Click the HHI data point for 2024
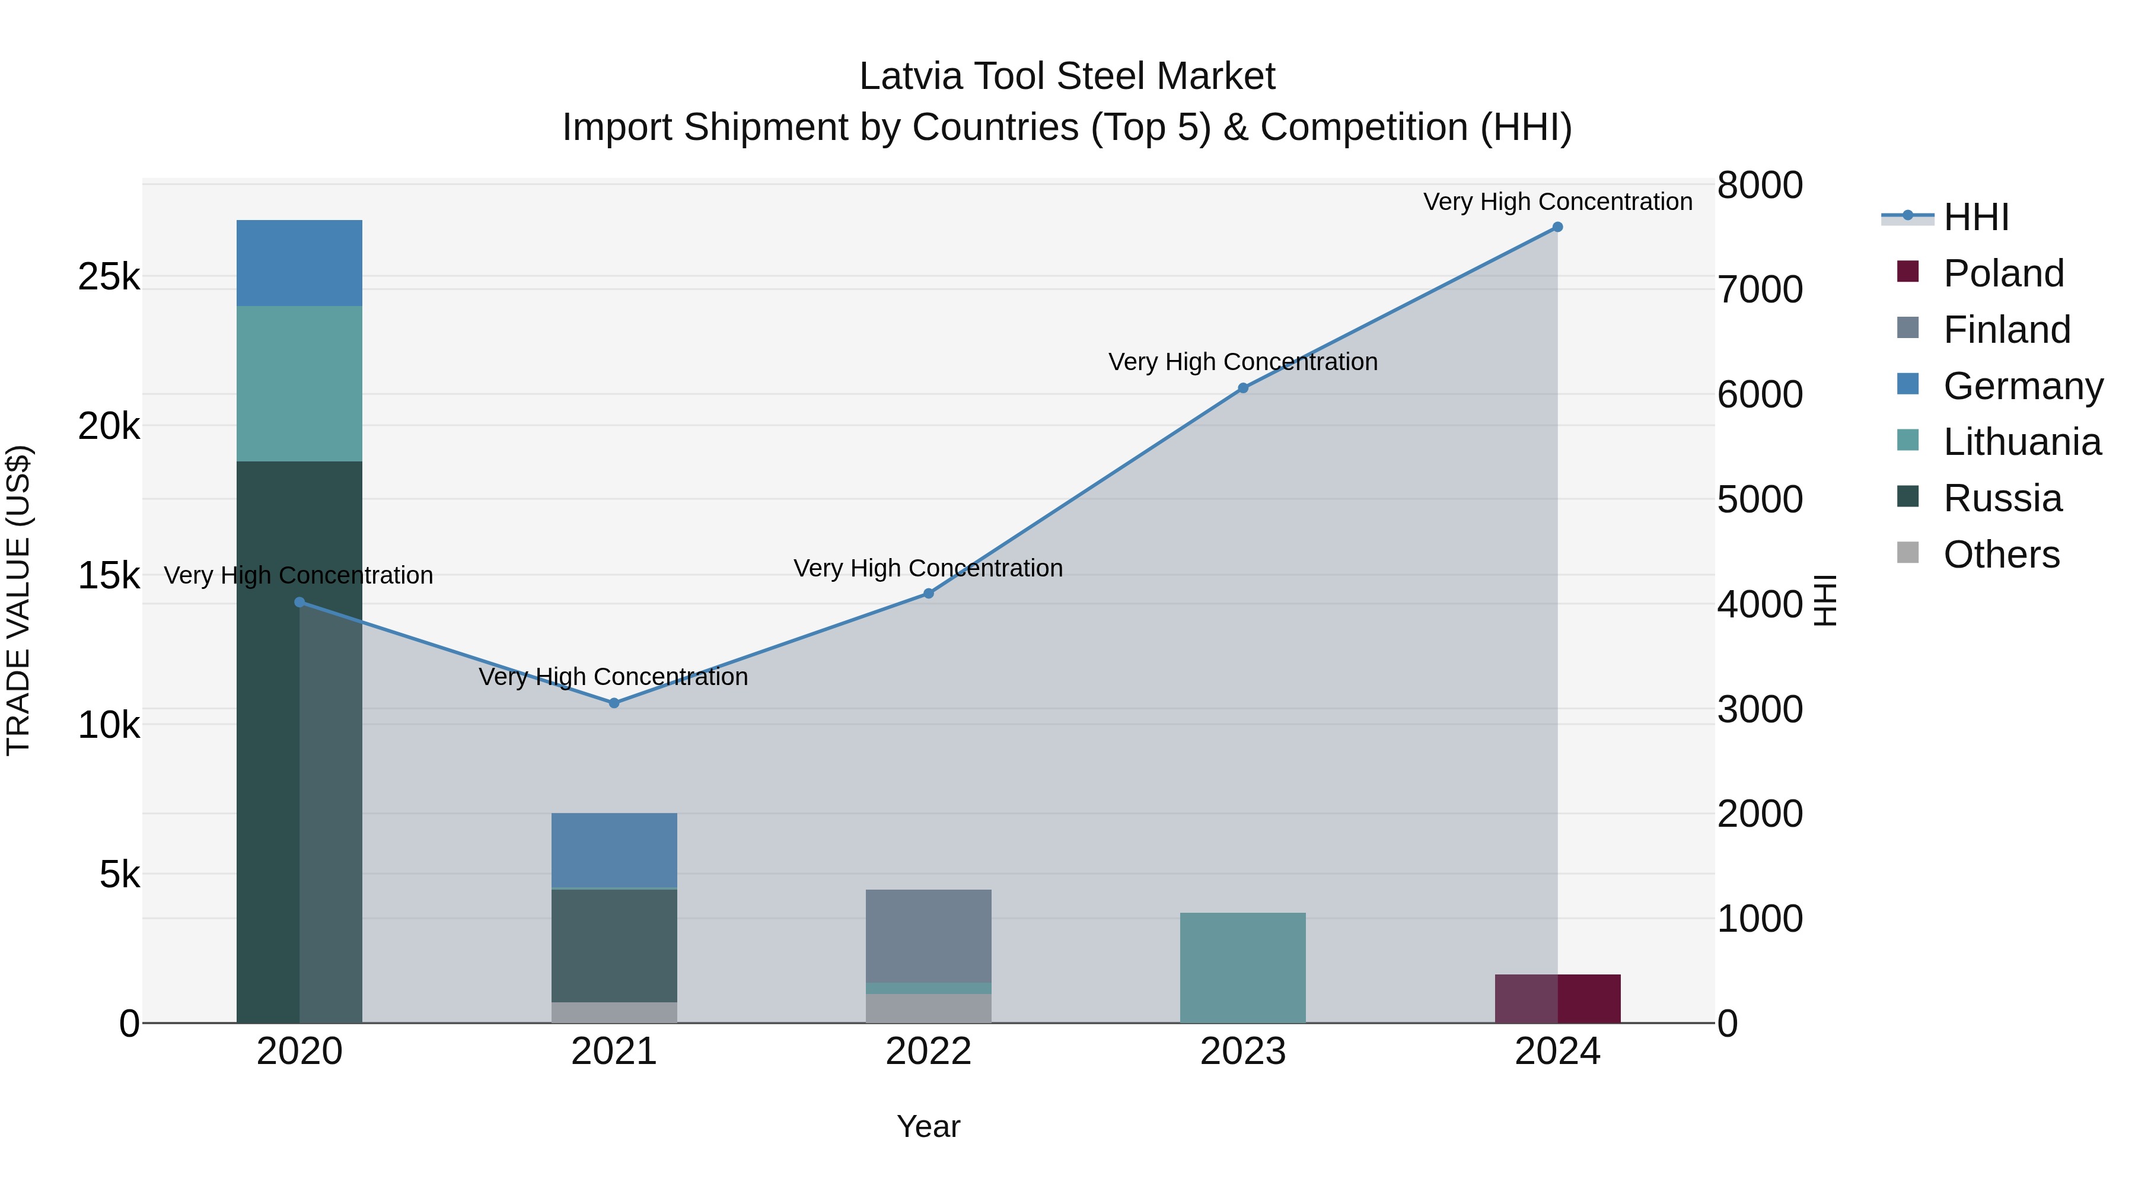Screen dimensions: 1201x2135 tap(1557, 227)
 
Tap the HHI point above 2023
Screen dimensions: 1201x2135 tap(1242, 388)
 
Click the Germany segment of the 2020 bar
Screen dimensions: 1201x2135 tap(299, 263)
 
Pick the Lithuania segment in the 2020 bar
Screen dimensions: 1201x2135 tap(299, 383)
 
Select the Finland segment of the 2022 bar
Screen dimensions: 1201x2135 tap(928, 936)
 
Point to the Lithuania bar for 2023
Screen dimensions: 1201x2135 tap(1242, 967)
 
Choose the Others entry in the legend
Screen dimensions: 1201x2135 tap(2001, 555)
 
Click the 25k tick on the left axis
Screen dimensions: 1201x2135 tap(109, 277)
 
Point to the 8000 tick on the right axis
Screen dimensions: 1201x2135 tap(1759, 185)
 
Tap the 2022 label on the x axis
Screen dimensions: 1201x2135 tap(928, 1052)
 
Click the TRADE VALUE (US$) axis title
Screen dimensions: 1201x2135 tap(18, 600)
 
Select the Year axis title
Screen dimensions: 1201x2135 tap(928, 1126)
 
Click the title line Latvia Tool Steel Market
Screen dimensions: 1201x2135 tap(1067, 77)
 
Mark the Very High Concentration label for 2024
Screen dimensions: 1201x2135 tap(1557, 202)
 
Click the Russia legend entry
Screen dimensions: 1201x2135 tap(2002, 498)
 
